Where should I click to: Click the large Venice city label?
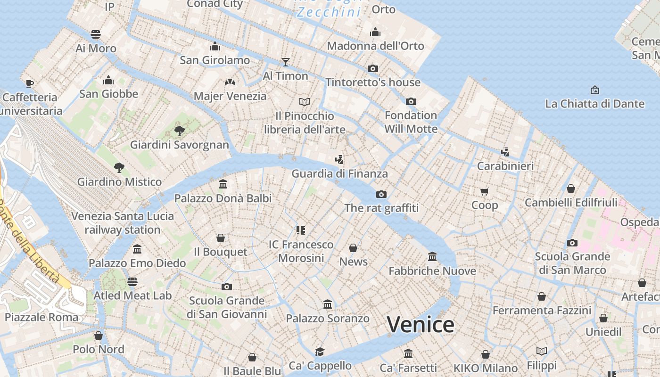421,325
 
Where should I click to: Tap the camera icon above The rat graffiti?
381,194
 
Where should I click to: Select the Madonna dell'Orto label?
375,46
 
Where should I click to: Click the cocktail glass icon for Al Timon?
285,62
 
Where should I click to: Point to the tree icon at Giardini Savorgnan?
179,131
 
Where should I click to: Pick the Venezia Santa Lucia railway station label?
123,223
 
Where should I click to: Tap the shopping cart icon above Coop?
484,191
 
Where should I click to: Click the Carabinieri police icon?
505,152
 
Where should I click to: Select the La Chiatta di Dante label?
594,104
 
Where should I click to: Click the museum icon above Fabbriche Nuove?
432,257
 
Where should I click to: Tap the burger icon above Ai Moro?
96,34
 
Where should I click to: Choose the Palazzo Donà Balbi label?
223,198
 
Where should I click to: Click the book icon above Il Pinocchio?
305,102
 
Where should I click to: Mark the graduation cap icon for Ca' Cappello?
320,352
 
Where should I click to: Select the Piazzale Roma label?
41,317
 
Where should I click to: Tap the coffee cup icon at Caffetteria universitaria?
29,83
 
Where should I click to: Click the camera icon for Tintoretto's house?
373,68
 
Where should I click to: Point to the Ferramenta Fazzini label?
542,311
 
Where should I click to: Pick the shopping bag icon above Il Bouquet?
220,238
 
